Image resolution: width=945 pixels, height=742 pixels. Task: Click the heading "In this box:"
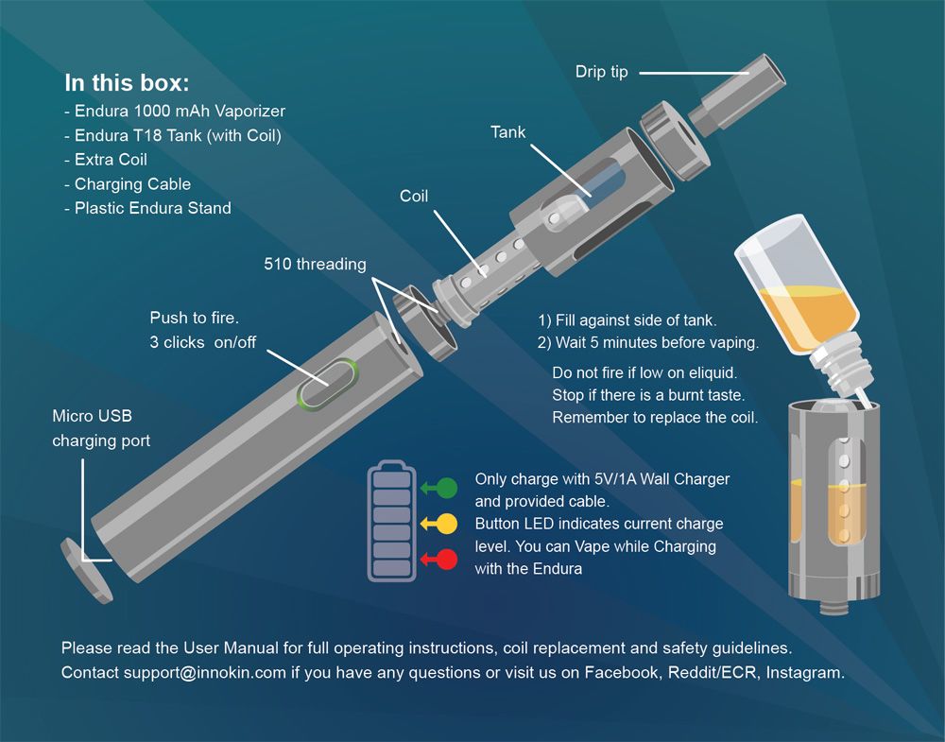coord(127,83)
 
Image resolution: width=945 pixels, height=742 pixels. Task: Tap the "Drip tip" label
coord(601,73)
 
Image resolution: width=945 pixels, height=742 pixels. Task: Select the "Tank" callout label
coord(507,132)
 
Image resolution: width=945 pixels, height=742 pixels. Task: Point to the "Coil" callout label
coord(414,196)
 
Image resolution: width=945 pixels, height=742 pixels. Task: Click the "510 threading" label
coord(315,264)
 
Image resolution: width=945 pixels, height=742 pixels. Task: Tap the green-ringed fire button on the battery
coord(327,384)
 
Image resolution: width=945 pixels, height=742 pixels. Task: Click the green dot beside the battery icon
coord(447,488)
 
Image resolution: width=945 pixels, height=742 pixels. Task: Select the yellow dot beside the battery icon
coord(447,524)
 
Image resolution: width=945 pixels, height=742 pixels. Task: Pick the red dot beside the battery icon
coord(447,560)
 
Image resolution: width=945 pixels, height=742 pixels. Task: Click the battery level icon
coord(392,522)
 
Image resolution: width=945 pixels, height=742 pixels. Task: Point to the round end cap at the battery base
coord(86,570)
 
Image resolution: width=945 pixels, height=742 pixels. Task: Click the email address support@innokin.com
coord(205,673)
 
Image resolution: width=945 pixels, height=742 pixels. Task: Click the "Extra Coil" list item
coord(106,160)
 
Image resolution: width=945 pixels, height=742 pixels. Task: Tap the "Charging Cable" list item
coord(128,183)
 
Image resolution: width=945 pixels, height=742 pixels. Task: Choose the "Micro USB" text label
coord(93,416)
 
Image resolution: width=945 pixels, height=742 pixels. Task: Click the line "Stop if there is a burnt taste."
coord(648,395)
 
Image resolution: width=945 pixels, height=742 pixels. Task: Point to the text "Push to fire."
coord(194,318)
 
